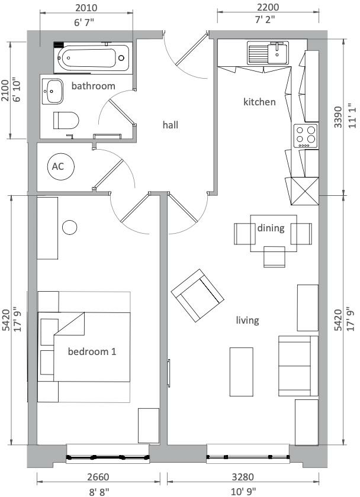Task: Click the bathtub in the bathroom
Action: (x=93, y=58)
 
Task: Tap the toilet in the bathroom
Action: (x=66, y=120)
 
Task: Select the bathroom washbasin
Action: (x=52, y=91)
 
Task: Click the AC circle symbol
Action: (x=60, y=166)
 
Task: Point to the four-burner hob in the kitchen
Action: (x=306, y=135)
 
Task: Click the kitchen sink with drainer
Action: (x=268, y=53)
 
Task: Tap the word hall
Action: (x=171, y=125)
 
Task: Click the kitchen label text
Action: (x=259, y=102)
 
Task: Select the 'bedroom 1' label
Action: (x=92, y=351)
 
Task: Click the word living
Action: (x=247, y=321)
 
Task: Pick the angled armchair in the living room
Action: (x=197, y=295)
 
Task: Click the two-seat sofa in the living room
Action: (x=298, y=366)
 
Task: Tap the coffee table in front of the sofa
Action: (x=242, y=372)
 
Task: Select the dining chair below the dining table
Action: (x=274, y=257)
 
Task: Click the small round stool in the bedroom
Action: (x=69, y=227)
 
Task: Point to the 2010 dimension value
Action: (x=86, y=8)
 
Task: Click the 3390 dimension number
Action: (x=338, y=117)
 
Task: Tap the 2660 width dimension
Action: (x=98, y=476)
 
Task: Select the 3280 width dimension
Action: (x=243, y=476)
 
